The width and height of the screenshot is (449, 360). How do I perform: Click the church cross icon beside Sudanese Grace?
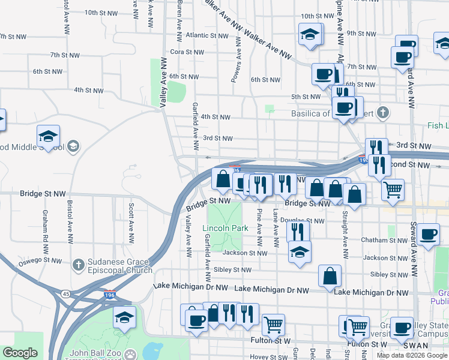point(78,265)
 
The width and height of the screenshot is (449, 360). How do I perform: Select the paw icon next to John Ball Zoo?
point(130,354)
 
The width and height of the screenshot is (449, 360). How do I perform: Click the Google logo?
point(20,353)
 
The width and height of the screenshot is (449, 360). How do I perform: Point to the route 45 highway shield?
point(66,293)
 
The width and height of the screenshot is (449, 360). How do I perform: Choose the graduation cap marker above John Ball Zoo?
point(124,316)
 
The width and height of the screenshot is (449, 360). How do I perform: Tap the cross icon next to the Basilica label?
point(383,112)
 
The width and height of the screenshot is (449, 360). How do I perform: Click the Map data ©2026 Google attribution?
point(412,355)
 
